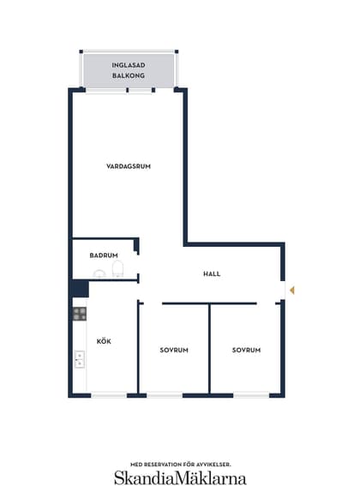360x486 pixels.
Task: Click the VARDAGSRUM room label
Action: (x=129, y=166)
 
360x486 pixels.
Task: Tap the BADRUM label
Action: (x=104, y=255)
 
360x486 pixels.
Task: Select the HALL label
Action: (x=212, y=273)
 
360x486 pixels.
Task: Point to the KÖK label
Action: (x=104, y=341)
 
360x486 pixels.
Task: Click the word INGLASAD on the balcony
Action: (x=129, y=65)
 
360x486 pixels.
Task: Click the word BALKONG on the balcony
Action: (x=129, y=75)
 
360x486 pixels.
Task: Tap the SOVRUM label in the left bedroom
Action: (x=174, y=350)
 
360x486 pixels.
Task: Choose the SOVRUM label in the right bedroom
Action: (x=246, y=350)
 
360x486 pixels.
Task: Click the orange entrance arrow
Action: (x=291, y=291)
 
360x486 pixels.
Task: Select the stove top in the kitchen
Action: (x=80, y=314)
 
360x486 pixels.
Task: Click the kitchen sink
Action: (x=80, y=359)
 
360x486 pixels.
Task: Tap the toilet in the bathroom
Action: (x=117, y=269)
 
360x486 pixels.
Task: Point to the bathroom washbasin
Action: (x=99, y=273)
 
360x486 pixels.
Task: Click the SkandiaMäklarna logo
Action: (x=180, y=477)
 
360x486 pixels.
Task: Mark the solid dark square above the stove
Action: (x=80, y=289)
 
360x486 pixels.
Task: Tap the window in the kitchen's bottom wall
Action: (x=109, y=395)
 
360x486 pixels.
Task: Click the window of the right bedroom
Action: (x=251, y=395)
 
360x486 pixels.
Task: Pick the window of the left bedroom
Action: (x=165, y=395)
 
